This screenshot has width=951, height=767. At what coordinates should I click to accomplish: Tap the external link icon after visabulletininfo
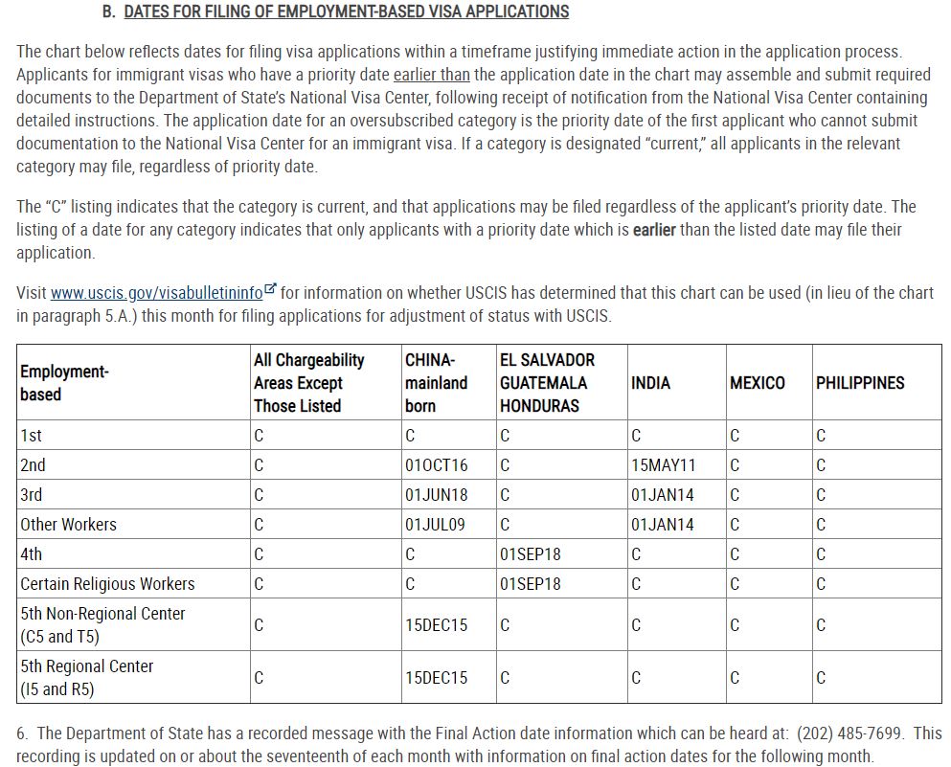pyautogui.click(x=271, y=289)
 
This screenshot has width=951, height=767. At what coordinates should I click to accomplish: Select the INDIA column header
pyautogui.click(x=650, y=383)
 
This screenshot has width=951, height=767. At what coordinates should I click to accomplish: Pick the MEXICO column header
pyautogui.click(x=757, y=383)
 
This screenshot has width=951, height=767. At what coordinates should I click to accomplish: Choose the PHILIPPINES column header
pyautogui.click(x=859, y=383)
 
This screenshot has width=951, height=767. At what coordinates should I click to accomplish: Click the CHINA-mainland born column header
pyautogui.click(x=436, y=383)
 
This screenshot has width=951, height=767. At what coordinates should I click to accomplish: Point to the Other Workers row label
pyautogui.click(x=68, y=525)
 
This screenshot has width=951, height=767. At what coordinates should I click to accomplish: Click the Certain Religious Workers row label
pyautogui.click(x=107, y=584)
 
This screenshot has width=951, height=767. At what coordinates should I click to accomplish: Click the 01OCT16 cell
pyautogui.click(x=436, y=465)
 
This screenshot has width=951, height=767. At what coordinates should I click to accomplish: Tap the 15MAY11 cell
pyautogui.click(x=663, y=465)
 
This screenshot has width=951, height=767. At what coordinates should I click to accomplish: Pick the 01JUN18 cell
pyautogui.click(x=436, y=495)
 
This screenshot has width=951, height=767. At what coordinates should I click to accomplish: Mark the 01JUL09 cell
pyautogui.click(x=436, y=525)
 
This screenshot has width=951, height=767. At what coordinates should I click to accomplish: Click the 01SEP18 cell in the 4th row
pyautogui.click(x=531, y=554)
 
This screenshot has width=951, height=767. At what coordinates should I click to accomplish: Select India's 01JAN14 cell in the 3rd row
pyautogui.click(x=662, y=495)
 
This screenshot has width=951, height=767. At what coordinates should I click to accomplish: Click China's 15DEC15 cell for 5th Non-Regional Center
pyautogui.click(x=436, y=625)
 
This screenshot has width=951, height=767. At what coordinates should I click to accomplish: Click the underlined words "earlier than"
pyautogui.click(x=431, y=75)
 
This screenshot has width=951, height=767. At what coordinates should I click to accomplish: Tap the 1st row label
pyautogui.click(x=32, y=436)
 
